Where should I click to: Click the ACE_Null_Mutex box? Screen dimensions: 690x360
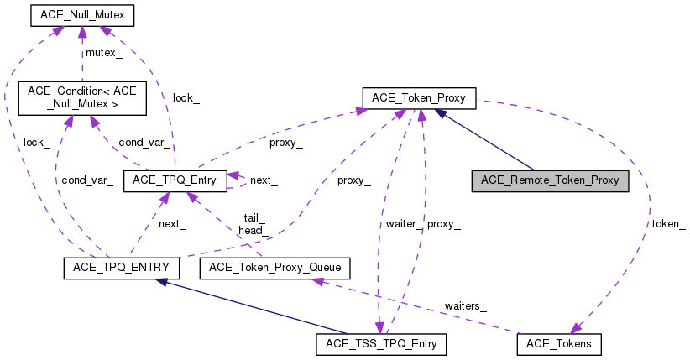coord(82,15)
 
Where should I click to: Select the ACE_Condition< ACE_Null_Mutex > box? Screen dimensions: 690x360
coord(82,98)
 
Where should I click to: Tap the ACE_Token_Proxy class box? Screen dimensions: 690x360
coord(419,98)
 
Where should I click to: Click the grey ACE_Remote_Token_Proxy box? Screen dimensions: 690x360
coord(550,181)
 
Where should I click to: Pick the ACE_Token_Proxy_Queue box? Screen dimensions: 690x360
coord(275,268)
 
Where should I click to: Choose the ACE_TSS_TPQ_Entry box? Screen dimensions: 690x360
coord(381,344)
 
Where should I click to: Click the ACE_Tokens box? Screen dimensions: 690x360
coord(559,344)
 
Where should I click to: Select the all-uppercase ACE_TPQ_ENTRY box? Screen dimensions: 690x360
coord(122,268)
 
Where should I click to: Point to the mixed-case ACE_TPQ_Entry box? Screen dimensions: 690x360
coord(175,181)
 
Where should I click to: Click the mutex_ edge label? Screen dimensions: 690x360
coord(104,53)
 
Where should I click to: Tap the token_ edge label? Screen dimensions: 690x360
coord(668,224)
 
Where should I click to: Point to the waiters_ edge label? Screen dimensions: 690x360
coord(466,305)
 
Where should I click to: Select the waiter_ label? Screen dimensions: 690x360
coord(404,224)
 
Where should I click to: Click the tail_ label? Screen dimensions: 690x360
coord(254,218)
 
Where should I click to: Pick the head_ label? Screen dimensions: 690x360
coord(254,230)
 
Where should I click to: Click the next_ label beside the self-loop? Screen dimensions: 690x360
coord(264,180)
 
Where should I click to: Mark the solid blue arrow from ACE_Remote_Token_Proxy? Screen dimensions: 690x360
coord(484,139)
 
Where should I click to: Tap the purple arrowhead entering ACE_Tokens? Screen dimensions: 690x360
coord(577,328)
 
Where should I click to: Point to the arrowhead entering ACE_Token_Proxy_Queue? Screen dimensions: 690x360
coord(317,282)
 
